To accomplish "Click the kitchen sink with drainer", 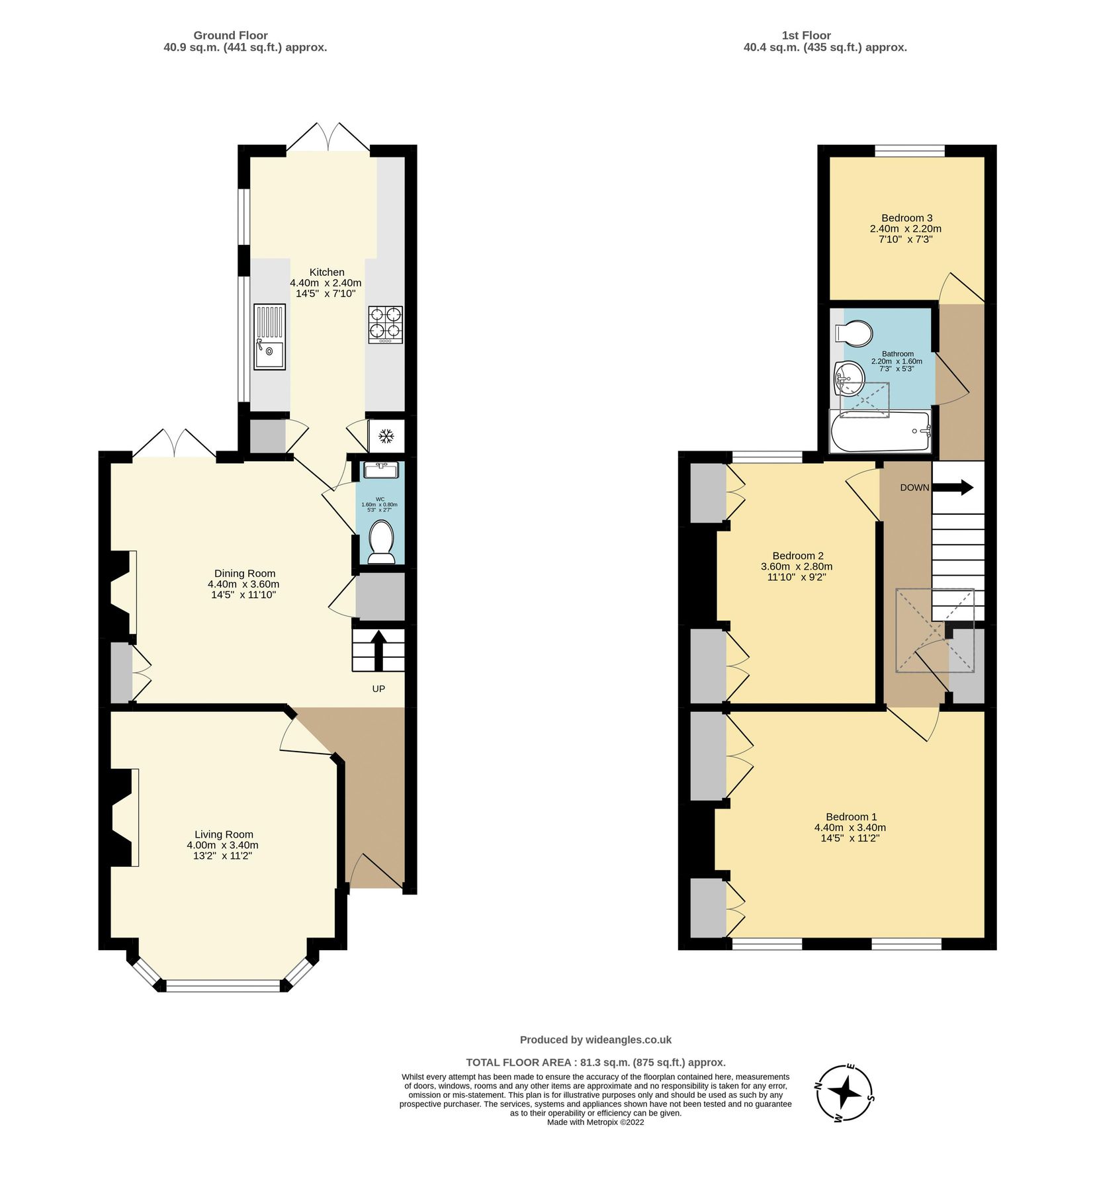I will pyautogui.click(x=269, y=337).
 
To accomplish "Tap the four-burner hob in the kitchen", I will pyautogui.click(x=385, y=325).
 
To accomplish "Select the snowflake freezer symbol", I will pyautogui.click(x=386, y=436).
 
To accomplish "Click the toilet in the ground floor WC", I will pyautogui.click(x=380, y=541).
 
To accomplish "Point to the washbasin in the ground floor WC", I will pyautogui.click(x=380, y=470).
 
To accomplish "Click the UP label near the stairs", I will pyautogui.click(x=378, y=689).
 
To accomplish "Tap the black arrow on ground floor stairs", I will pyautogui.click(x=378, y=650).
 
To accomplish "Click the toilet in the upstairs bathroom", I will pyautogui.click(x=854, y=333).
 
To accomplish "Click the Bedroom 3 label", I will pyautogui.click(x=906, y=218).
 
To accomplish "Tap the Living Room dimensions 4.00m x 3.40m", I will pyautogui.click(x=222, y=845).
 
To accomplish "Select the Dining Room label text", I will pyautogui.click(x=245, y=573).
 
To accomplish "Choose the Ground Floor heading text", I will pyautogui.click(x=230, y=35).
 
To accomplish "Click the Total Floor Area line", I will pyautogui.click(x=595, y=1062).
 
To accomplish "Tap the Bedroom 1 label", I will pyautogui.click(x=851, y=816).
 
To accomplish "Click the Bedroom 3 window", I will pyautogui.click(x=910, y=151).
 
